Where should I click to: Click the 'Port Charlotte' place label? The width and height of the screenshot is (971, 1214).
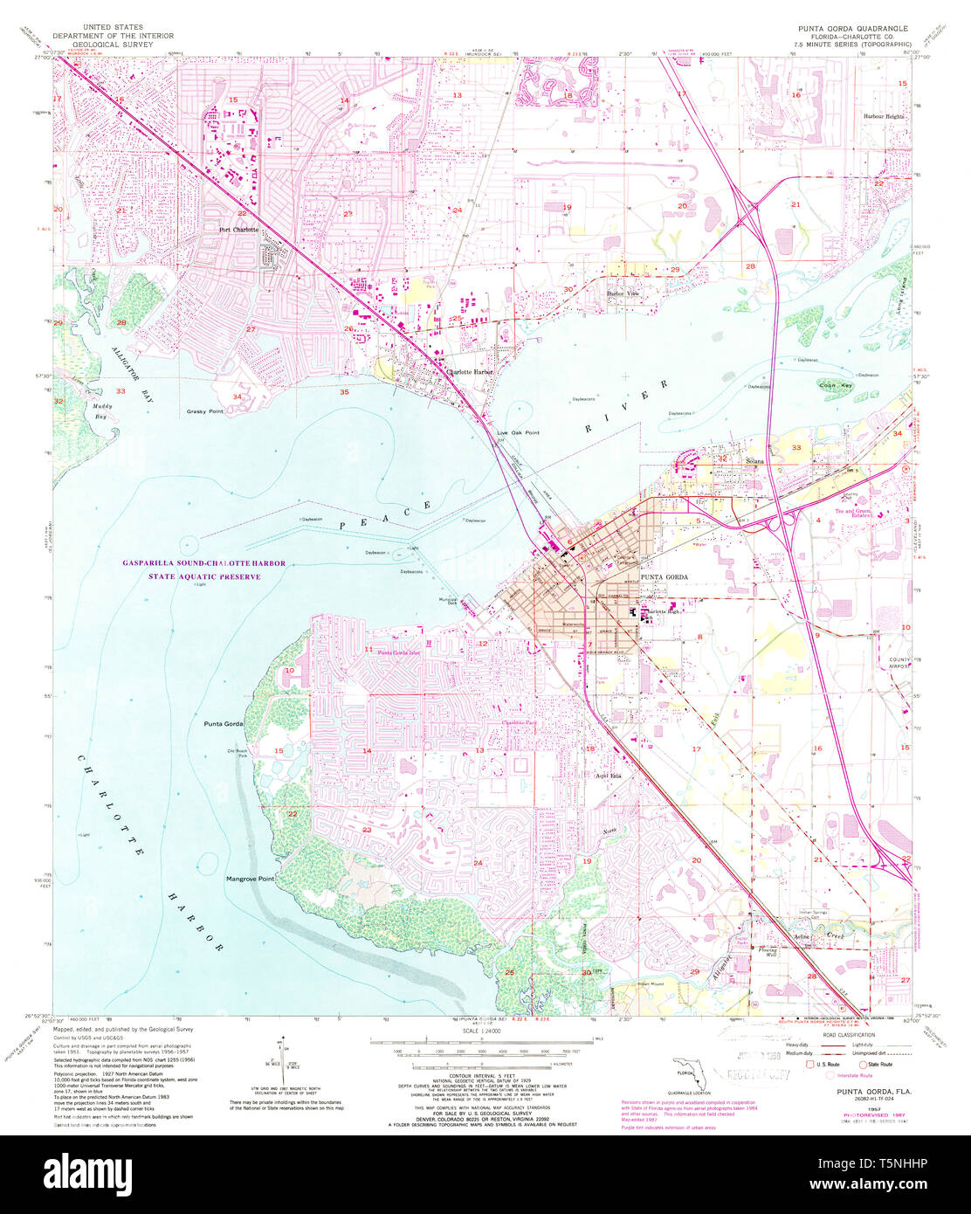(238, 230)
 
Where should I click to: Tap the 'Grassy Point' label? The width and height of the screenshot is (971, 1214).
(204, 411)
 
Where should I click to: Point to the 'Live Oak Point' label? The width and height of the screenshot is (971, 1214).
(518, 433)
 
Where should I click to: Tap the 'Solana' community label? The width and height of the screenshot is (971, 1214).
(754, 461)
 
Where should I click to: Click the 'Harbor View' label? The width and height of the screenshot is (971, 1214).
(623, 293)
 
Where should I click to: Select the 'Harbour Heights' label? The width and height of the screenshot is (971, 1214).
(885, 116)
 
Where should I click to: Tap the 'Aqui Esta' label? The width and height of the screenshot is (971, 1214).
(608, 776)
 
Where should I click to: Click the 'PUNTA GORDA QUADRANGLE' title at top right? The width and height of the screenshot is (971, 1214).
(850, 29)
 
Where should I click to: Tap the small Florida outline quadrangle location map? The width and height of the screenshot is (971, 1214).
(681, 1069)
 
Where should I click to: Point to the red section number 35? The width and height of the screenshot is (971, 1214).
(344, 392)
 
